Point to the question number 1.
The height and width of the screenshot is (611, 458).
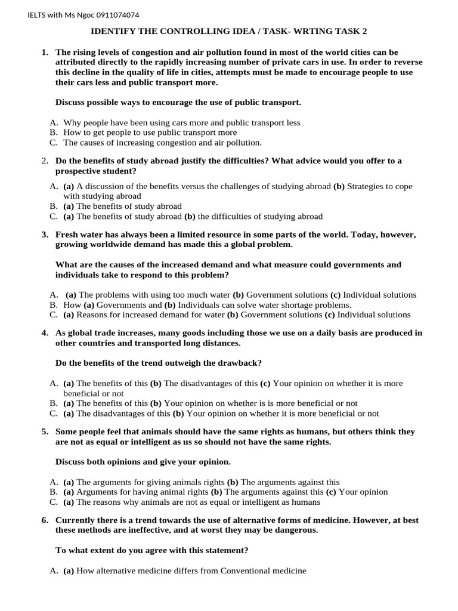[45, 53]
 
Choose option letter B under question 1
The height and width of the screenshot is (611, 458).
[54, 132]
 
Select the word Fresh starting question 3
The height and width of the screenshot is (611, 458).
[67, 234]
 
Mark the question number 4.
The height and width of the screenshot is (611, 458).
[45, 333]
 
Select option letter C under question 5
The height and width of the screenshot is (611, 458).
[54, 502]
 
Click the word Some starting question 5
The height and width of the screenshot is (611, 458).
[67, 431]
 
